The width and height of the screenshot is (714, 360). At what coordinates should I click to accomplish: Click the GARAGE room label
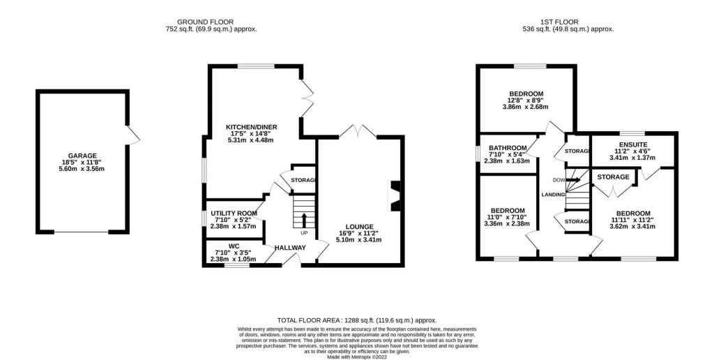82,156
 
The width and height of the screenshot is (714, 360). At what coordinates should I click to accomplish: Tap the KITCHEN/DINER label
252,127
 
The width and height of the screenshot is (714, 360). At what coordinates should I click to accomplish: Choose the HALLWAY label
290,248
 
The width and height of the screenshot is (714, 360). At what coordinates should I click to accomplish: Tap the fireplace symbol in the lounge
395,196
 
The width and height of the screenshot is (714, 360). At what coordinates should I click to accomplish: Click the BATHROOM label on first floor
507,148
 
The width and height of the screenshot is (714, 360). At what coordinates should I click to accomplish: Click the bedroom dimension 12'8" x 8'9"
526,100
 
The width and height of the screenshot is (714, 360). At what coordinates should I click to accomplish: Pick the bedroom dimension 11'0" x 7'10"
507,218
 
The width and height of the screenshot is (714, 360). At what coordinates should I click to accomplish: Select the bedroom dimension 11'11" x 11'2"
632,220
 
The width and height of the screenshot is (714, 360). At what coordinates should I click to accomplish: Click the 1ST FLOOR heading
568,22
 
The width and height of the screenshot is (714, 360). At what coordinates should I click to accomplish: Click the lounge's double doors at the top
359,130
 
